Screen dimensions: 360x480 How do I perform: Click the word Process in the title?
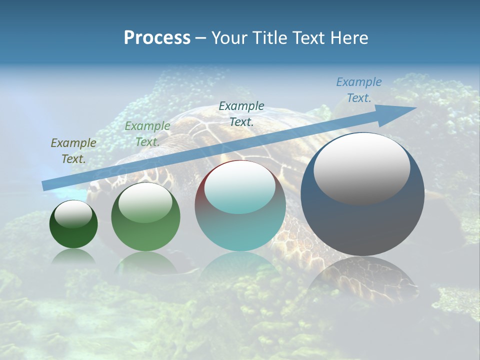pos(157,38)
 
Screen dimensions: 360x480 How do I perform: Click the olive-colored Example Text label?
pos(73,151)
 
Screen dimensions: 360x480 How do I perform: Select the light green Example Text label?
pos(147,134)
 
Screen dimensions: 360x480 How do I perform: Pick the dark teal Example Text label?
pos(241,113)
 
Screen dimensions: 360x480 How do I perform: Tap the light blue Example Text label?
pos(358,90)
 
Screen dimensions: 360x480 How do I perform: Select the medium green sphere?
pos(145,232)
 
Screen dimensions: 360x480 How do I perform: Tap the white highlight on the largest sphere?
pos(361,168)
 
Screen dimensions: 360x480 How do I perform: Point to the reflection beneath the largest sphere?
pos(362,280)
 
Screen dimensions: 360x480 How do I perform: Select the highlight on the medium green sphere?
pos(145,203)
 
